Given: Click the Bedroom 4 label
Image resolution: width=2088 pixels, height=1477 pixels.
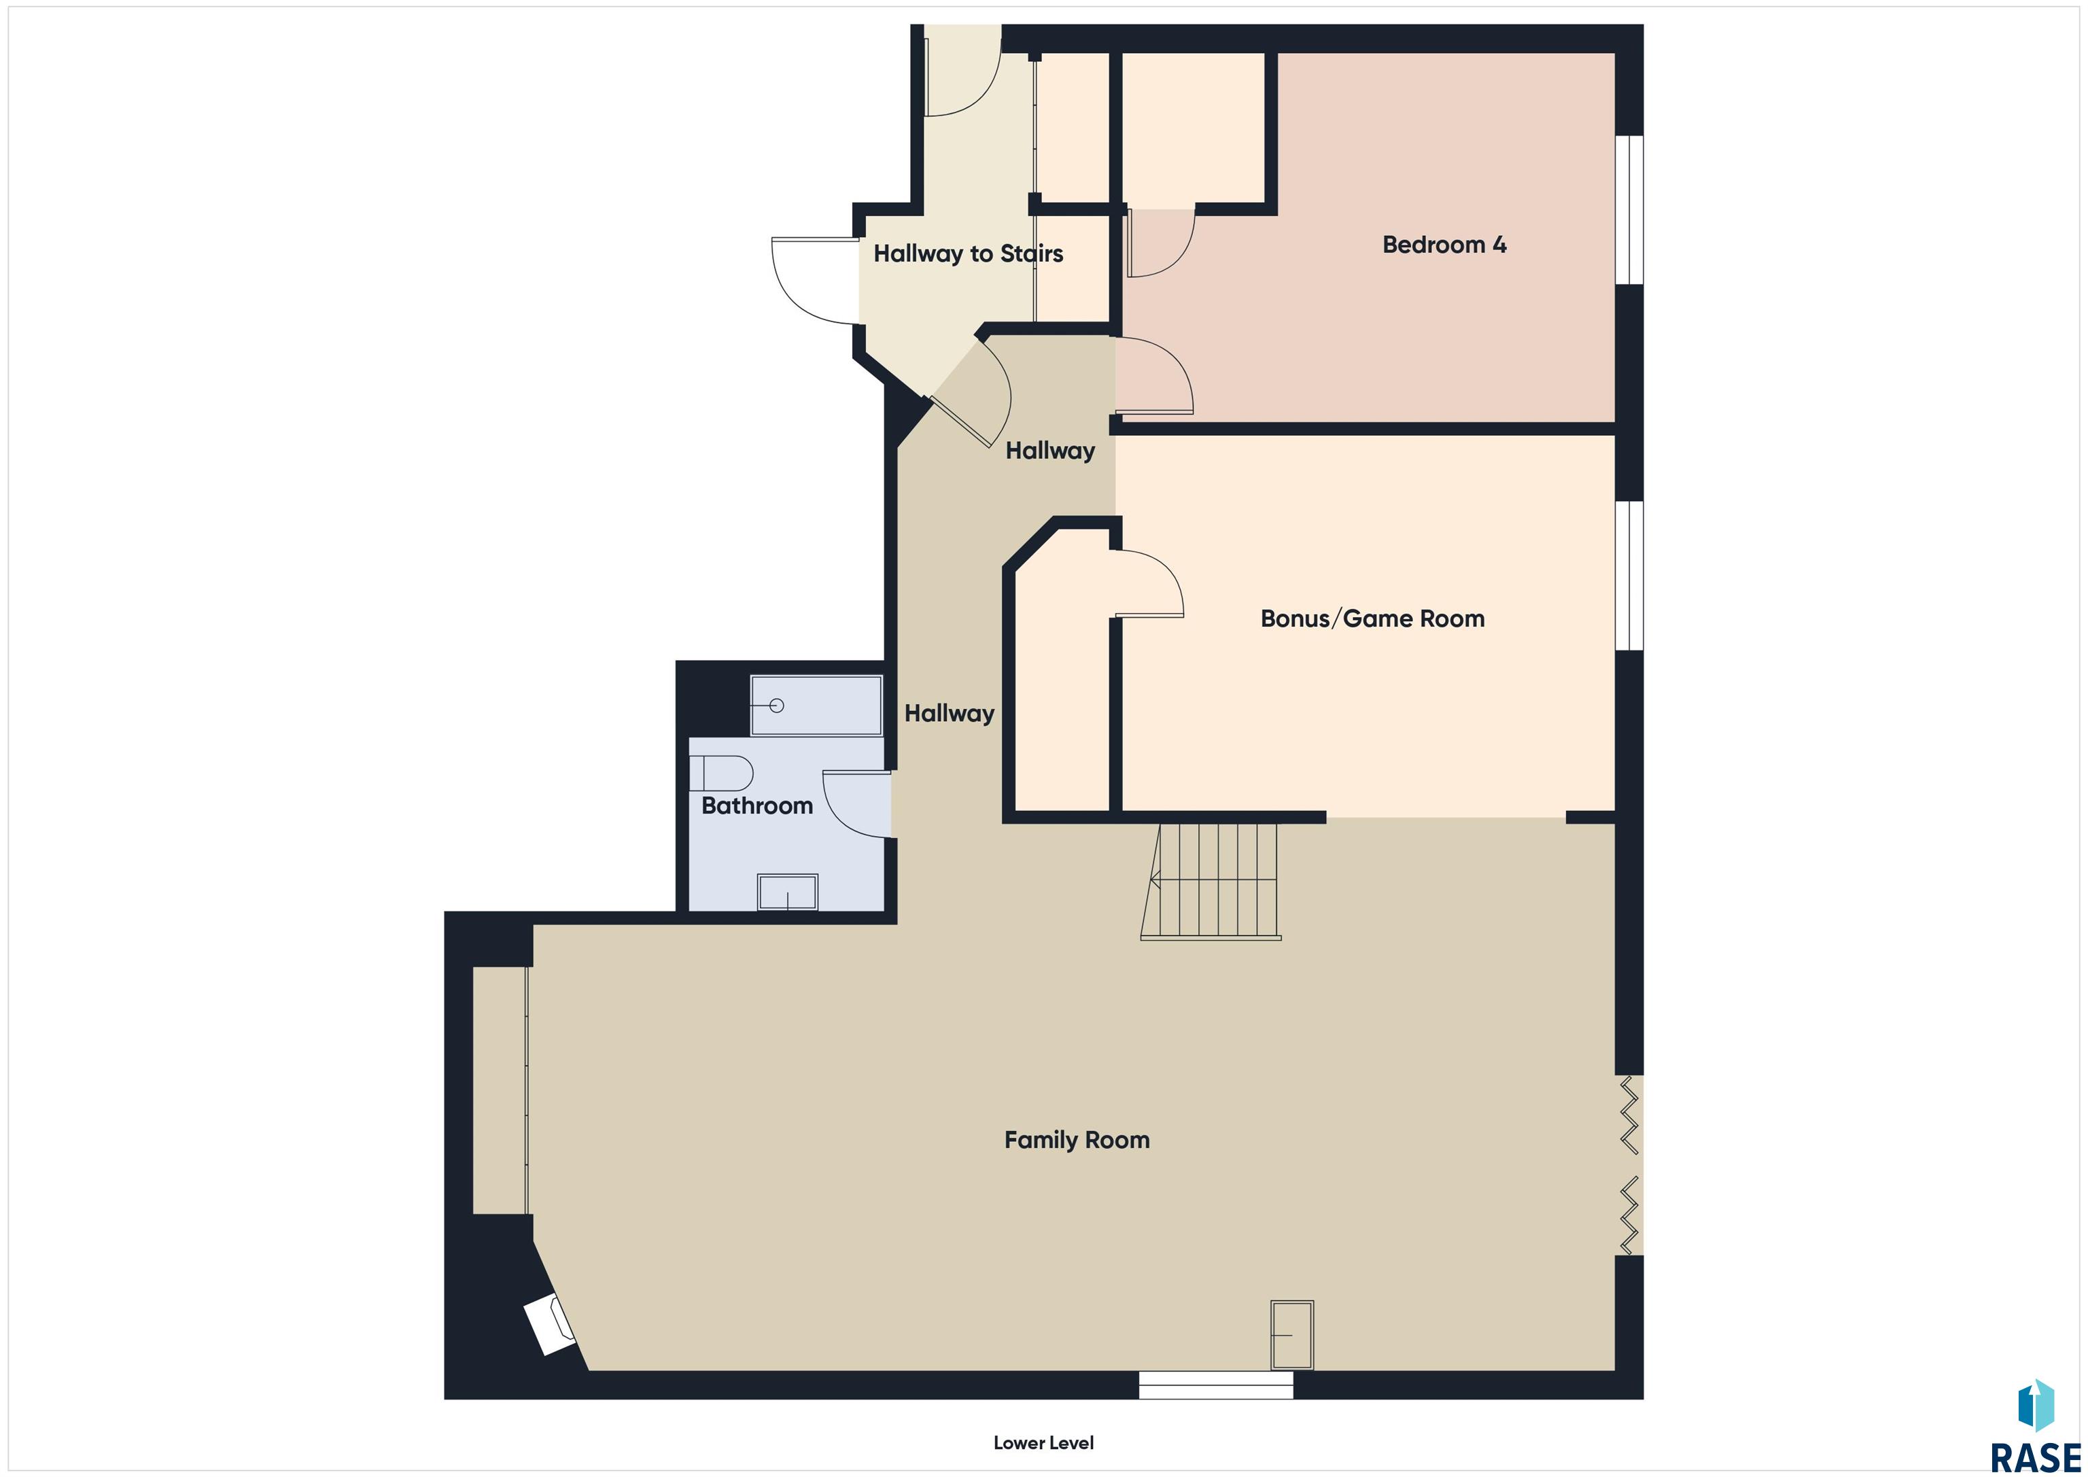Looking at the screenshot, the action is click(x=1444, y=245).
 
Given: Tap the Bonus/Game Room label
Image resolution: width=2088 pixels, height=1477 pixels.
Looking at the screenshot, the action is click(x=1372, y=619).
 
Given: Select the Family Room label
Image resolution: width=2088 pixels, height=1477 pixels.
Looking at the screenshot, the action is click(x=1077, y=1141).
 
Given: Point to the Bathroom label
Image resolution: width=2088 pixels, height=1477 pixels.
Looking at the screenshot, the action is click(x=756, y=806).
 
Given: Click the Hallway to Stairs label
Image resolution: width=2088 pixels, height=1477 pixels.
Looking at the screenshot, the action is click(x=969, y=254).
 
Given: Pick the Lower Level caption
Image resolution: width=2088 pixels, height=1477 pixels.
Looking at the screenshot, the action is click(x=1043, y=1442).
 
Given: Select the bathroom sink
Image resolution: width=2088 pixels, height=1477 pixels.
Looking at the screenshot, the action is click(x=788, y=892).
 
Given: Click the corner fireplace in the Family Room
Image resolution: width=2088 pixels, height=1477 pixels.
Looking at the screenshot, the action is click(x=550, y=1325).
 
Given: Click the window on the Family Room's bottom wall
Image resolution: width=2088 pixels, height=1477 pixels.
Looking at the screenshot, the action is click(x=1216, y=1385).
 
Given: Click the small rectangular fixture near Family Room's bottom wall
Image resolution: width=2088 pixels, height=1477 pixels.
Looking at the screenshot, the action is click(x=1292, y=1335).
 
